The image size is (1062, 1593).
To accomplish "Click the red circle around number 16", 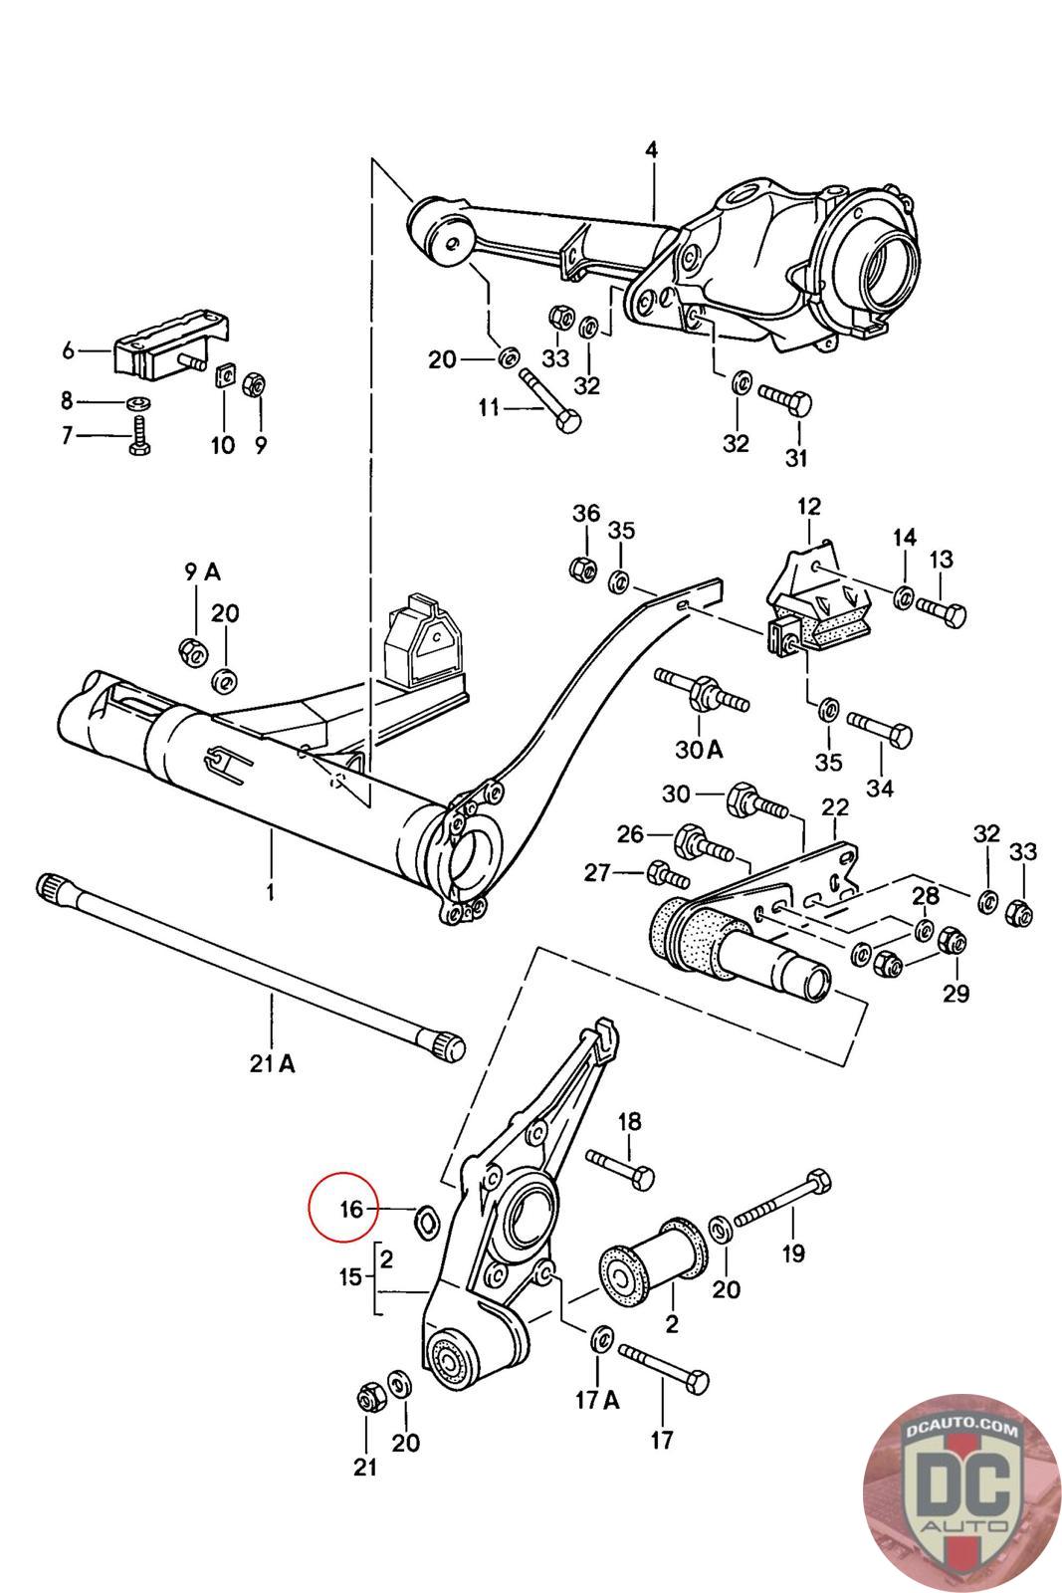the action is pos(343,1207).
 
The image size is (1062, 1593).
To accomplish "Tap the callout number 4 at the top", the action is pos(651,150).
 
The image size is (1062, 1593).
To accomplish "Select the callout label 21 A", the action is pos(272,1064).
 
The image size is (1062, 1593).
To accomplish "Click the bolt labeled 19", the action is pos(781,1201).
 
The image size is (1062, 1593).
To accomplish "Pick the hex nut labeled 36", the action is pos(582,568).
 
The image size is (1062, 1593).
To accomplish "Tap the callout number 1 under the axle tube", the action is pos(270,892).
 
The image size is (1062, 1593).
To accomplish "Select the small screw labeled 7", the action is pos(140,435).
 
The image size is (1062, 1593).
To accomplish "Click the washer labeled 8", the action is pos(138,404).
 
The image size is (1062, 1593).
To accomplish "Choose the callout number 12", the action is pos(809,506).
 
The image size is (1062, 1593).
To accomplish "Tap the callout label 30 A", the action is pos(698,749).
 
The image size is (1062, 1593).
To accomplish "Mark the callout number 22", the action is pos(834,807).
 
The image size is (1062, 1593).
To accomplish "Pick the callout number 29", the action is pos(956,994).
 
